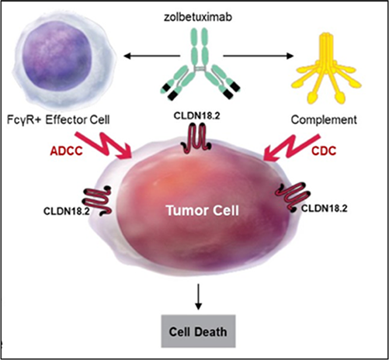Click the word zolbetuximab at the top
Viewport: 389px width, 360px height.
tap(198, 17)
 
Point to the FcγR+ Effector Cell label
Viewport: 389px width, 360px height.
tap(58, 120)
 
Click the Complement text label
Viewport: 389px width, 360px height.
tap(324, 120)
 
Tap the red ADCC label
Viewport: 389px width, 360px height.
tap(66, 151)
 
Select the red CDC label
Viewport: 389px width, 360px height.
tap(324, 151)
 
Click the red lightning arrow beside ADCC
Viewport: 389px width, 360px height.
tap(103, 145)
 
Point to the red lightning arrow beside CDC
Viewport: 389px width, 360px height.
tap(292, 147)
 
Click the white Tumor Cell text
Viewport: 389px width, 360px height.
tap(203, 210)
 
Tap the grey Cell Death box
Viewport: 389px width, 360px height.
tap(198, 331)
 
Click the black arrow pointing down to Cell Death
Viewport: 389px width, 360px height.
tap(198, 296)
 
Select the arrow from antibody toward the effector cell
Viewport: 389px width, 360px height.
tap(152, 56)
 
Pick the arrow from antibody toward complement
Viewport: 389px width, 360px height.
tap(259, 56)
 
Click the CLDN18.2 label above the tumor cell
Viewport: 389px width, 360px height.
tap(196, 116)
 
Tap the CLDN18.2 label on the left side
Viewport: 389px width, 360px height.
tap(67, 211)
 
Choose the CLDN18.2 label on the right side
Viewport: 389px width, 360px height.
tap(325, 209)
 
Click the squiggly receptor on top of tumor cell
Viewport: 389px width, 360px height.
tap(197, 137)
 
